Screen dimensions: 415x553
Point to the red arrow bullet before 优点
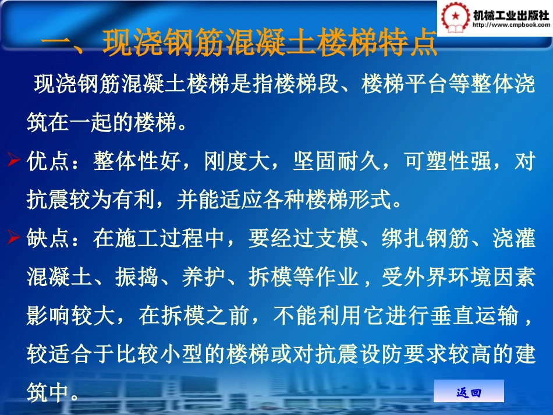click(x=16, y=161)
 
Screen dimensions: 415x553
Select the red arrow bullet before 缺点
click(x=16, y=237)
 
